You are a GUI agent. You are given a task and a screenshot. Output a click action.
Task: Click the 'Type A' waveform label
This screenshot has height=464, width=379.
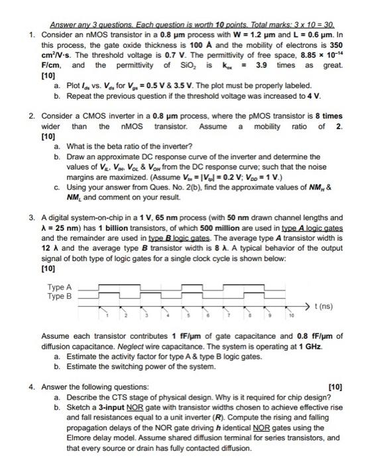point(60,287)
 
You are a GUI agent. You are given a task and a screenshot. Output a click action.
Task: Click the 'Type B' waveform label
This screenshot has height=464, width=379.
point(60,296)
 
